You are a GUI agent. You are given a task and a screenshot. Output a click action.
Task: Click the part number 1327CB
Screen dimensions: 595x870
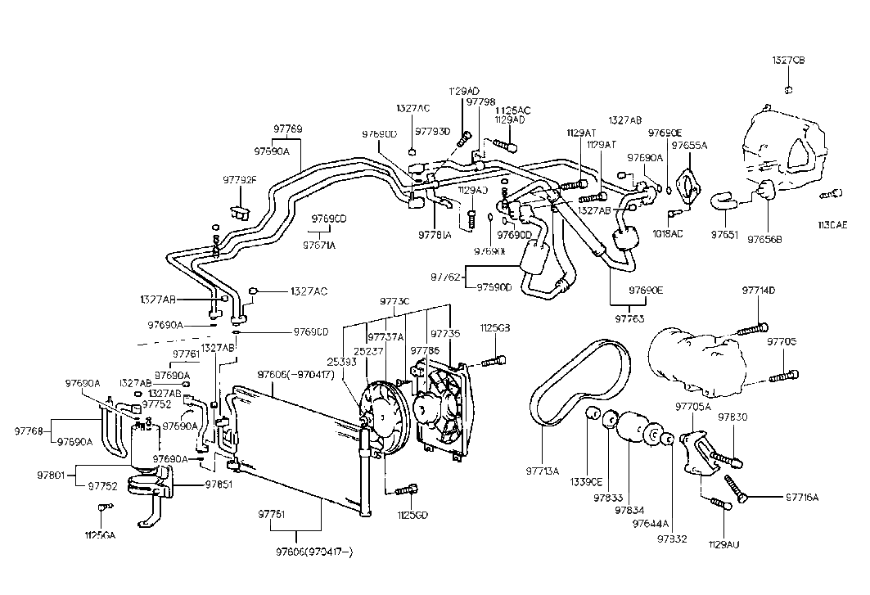[789, 61]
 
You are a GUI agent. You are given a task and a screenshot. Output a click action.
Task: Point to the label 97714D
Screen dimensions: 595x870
[759, 291]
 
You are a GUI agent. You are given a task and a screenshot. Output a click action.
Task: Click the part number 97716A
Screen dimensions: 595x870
[802, 497]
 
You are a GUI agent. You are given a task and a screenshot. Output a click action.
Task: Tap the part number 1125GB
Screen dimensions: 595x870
[494, 328]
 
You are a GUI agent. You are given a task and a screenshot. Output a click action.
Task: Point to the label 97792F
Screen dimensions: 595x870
[240, 180]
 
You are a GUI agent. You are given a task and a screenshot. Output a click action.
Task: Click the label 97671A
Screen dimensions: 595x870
[320, 245]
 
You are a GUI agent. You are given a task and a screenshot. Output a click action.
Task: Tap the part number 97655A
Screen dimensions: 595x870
[689, 145]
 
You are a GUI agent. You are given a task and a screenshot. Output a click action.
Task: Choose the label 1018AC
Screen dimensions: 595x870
[667, 233]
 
